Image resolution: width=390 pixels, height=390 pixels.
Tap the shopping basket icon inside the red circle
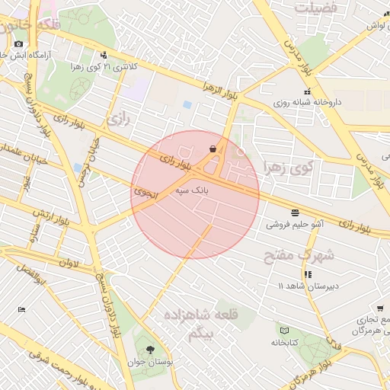pos(212,148)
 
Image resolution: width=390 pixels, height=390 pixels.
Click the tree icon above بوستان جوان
pos(149,348)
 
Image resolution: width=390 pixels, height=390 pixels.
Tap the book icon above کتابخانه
pos(285,331)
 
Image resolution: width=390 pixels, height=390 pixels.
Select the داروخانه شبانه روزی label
pos(307,101)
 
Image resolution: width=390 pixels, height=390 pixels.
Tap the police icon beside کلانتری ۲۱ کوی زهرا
pos(104,54)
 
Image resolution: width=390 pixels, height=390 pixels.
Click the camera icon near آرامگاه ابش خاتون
pos(18,43)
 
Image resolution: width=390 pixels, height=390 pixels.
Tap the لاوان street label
pos(69,264)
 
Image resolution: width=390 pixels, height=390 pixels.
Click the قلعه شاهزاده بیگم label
pos(200,323)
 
